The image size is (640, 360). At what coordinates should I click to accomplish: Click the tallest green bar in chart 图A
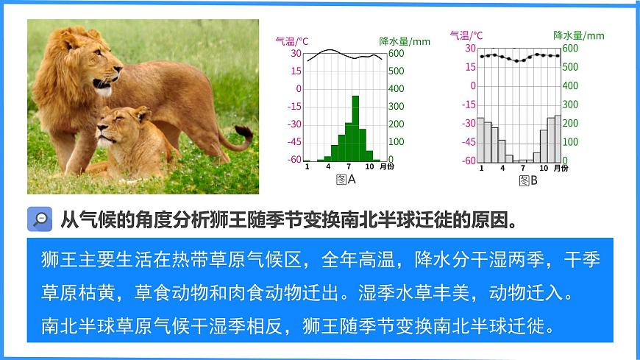pyautogui.click(x=355, y=128)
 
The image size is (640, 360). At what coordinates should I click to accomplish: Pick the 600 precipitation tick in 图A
pyautogui.click(x=396, y=53)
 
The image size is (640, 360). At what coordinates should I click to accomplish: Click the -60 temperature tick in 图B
pyautogui.click(x=468, y=160)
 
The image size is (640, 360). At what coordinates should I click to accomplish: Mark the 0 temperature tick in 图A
pyautogui.click(x=298, y=88)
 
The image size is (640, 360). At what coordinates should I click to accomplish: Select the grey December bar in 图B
pyautogui.click(x=558, y=138)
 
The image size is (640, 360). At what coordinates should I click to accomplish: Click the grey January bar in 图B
pyautogui.click(x=480, y=139)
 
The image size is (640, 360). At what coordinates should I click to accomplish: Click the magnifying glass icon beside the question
pyautogui.click(x=40, y=219)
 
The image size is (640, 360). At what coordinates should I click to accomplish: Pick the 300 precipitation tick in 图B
pyautogui.click(x=569, y=105)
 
